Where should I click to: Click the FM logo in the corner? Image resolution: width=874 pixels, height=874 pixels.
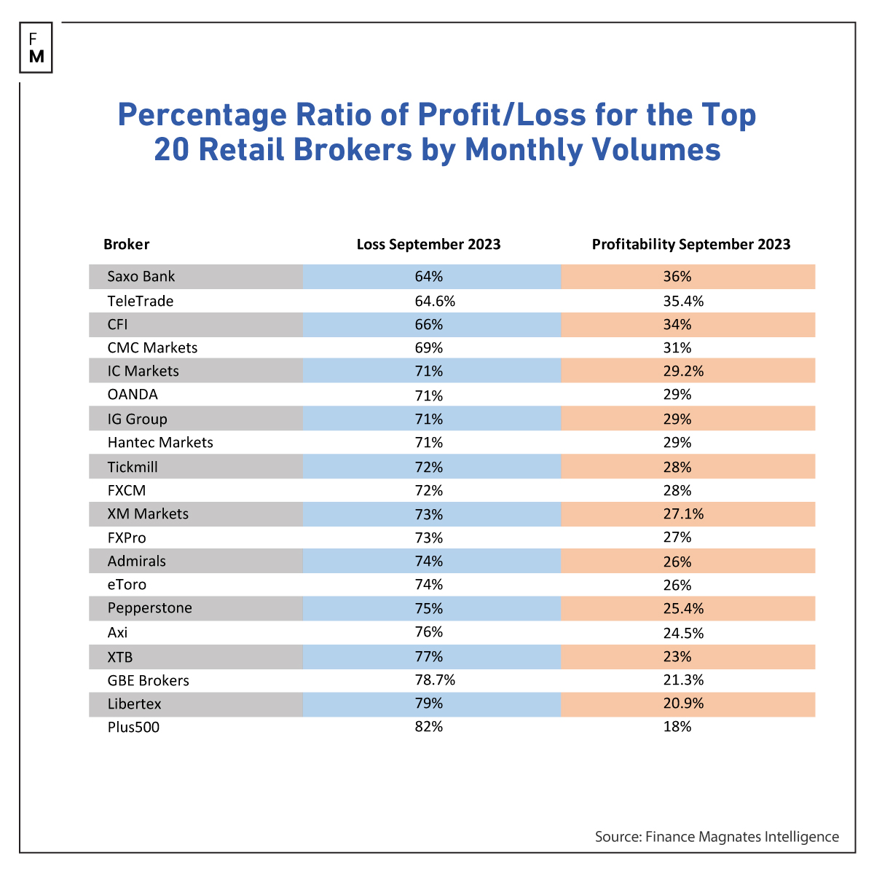[x=36, y=47]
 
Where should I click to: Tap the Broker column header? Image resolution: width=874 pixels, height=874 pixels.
[x=126, y=245]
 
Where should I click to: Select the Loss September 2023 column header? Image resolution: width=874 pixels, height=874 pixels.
[x=428, y=245]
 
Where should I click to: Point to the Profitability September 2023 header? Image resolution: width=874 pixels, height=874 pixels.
[x=690, y=245]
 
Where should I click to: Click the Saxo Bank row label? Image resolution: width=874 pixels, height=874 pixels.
[x=141, y=277]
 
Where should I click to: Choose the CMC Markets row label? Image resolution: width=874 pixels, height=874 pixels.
[x=152, y=348]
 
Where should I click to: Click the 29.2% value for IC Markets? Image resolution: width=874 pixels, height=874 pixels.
[x=687, y=371]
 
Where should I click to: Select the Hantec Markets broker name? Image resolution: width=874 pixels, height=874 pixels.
[x=160, y=443]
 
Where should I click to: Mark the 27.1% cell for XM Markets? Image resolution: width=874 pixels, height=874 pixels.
[x=687, y=514]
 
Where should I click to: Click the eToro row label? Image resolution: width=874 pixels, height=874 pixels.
[x=127, y=585]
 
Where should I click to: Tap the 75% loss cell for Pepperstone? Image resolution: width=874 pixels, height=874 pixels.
[x=428, y=609]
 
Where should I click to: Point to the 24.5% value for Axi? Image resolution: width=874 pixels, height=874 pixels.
[x=687, y=633]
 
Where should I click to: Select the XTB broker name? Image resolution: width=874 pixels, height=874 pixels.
[x=120, y=657]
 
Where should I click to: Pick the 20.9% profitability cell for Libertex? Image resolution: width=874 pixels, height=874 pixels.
[x=687, y=704]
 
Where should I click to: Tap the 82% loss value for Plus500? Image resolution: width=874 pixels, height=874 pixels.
[x=428, y=727]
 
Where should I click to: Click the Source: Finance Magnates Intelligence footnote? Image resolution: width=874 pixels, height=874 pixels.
[x=717, y=837]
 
